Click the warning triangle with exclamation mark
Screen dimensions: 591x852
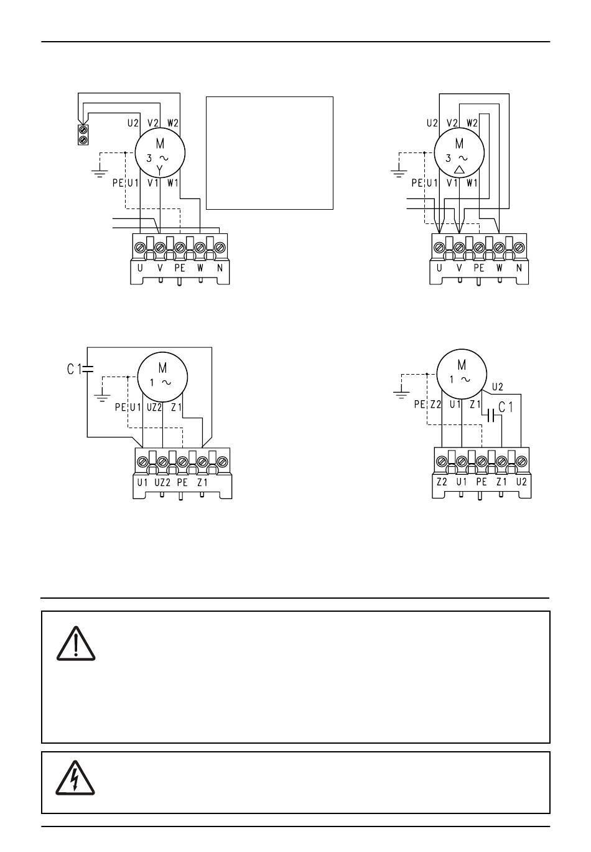coord(76,644)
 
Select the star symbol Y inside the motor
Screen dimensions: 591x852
coord(160,171)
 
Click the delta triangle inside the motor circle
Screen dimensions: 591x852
coord(459,170)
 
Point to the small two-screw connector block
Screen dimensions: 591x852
coord(83,134)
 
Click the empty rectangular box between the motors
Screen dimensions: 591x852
coord(269,153)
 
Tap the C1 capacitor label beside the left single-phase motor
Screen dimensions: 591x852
coord(74,368)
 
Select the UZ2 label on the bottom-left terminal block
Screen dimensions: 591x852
coord(162,483)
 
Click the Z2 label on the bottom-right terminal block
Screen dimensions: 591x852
coord(442,482)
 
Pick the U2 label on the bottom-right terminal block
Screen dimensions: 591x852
coord(521,482)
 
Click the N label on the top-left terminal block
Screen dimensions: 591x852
coord(220,268)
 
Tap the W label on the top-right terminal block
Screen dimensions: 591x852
coord(500,268)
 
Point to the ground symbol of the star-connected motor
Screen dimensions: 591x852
coord(100,174)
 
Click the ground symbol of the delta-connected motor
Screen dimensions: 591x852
coord(399,174)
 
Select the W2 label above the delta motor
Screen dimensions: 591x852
coord(472,123)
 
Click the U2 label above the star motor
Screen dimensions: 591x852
coord(133,123)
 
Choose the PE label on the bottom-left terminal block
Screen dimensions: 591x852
coord(182,483)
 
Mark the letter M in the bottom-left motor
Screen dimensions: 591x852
coord(162,368)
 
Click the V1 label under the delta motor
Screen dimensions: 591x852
coord(452,183)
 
